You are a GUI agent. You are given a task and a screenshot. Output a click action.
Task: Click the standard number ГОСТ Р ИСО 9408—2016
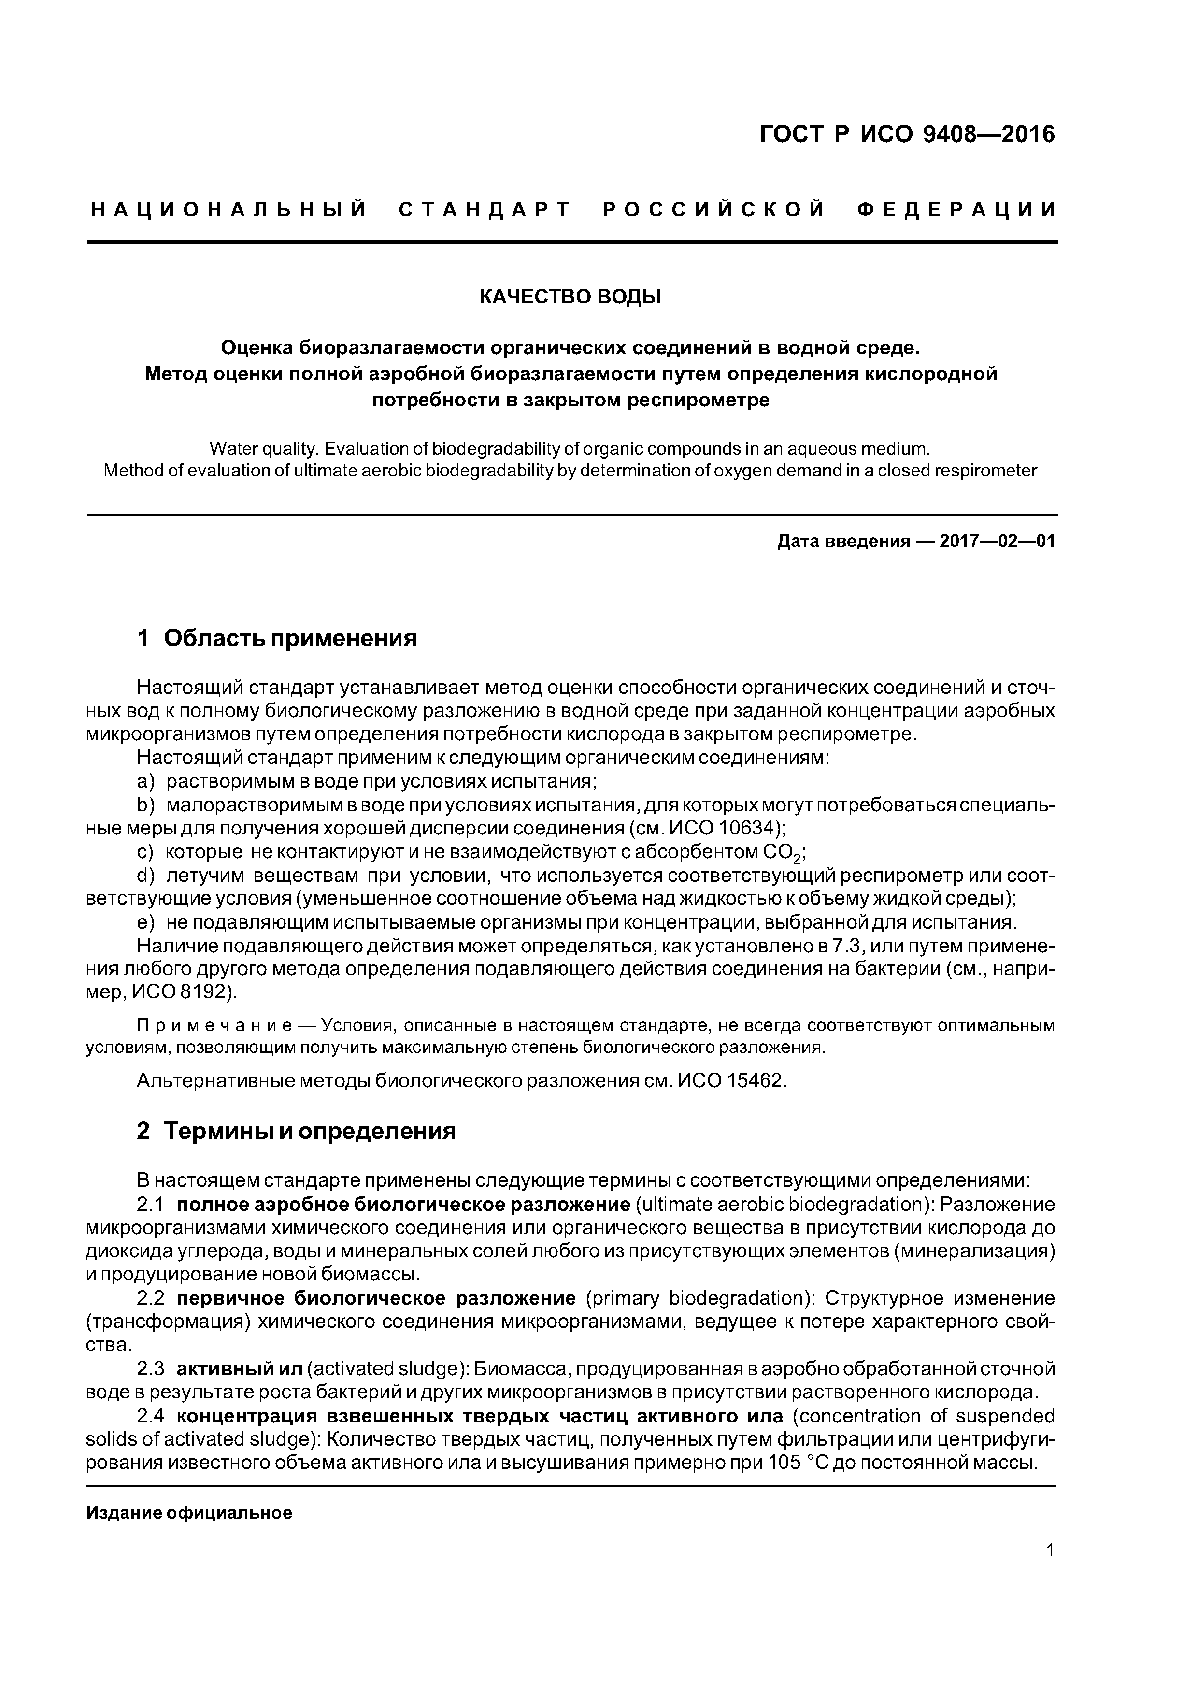point(907,134)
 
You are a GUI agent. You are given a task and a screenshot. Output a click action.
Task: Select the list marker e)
point(146,923)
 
